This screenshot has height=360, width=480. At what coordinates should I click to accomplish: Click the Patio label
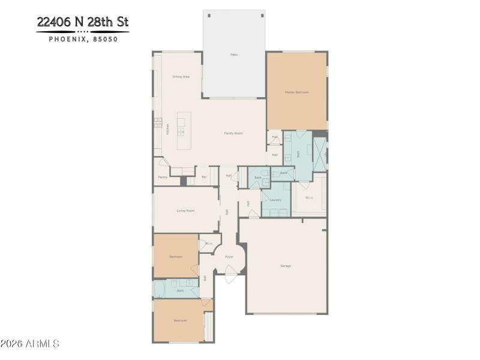click(x=234, y=55)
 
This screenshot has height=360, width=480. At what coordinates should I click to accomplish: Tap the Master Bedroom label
click(x=296, y=92)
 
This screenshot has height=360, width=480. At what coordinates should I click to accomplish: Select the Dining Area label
click(x=181, y=77)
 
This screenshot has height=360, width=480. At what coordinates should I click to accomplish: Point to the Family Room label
click(x=233, y=133)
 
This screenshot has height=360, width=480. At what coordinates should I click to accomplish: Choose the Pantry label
click(x=163, y=177)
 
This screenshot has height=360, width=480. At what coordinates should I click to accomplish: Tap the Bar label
click(x=204, y=177)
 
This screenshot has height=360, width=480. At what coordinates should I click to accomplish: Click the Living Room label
click(x=185, y=211)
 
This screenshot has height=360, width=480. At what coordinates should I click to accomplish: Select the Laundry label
click(x=275, y=200)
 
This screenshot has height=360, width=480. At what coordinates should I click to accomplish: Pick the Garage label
click(x=286, y=265)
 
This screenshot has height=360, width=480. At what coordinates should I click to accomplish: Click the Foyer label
click(x=229, y=257)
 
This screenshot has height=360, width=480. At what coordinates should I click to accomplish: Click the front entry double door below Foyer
click(x=230, y=278)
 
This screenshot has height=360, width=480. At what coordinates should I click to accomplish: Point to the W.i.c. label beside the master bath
click(x=309, y=197)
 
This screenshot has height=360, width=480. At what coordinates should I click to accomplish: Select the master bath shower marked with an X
click(x=320, y=154)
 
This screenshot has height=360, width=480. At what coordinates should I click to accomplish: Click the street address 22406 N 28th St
click(x=82, y=22)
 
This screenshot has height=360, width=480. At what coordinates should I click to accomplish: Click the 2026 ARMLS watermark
click(x=30, y=344)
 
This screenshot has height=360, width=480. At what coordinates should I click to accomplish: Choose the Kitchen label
click(x=167, y=129)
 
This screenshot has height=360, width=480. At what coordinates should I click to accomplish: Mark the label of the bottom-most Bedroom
click(x=180, y=320)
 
